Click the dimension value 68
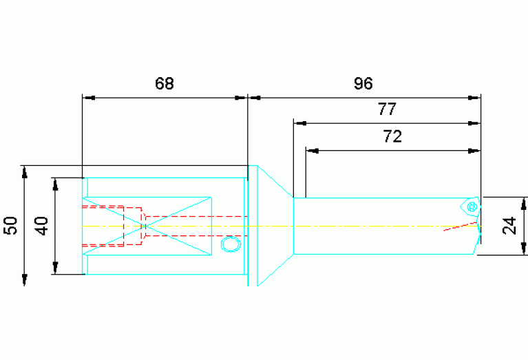pos(165,83)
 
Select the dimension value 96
pos(363,83)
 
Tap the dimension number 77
pos(387,109)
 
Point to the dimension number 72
pos(392,136)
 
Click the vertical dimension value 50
pos(10,226)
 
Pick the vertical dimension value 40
pos(42,226)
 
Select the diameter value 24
pos(509,226)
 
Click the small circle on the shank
pos(231,244)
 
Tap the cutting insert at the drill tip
pos(470,206)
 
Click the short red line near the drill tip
pos(461,226)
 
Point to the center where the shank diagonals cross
pos(145,226)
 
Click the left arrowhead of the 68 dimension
pos(89,98)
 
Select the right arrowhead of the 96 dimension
pos(474,98)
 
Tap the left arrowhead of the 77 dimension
pos(300,123)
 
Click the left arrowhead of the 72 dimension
pos(313,151)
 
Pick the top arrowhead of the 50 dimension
pos(24,172)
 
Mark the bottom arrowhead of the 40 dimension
pos(56,268)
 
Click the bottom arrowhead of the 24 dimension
pos(523,248)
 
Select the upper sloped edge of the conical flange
pos(275,182)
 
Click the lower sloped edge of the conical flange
pos(275,270)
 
